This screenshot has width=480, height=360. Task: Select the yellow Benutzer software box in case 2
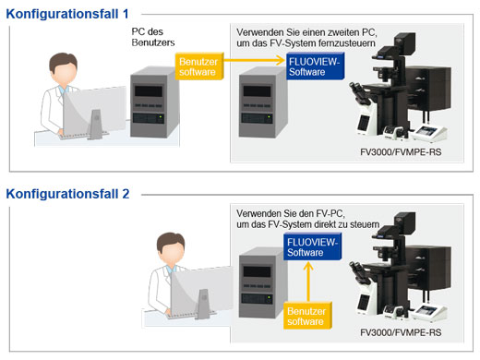click(x=306, y=316)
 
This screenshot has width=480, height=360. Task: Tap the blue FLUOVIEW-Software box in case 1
click(x=313, y=66)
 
